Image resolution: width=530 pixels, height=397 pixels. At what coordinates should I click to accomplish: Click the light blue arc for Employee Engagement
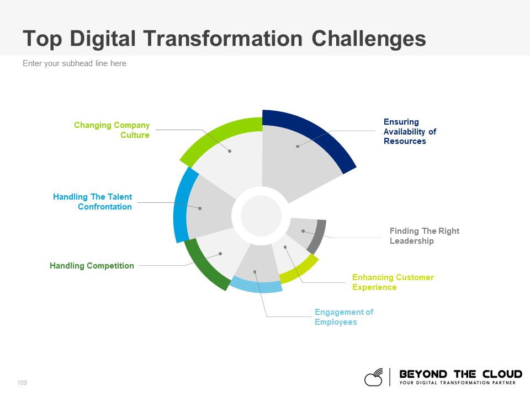pyautogui.click(x=256, y=286)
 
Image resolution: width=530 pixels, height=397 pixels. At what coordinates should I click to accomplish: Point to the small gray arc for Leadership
pyautogui.click(x=317, y=235)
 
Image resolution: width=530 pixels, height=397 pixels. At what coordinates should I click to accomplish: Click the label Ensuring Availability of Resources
pyautogui.click(x=410, y=131)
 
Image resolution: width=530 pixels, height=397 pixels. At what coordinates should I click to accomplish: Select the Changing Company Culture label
pyautogui.click(x=112, y=130)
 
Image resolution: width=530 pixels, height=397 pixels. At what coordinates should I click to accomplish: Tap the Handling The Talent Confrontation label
pyautogui.click(x=93, y=202)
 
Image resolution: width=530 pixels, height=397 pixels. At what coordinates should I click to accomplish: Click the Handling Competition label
pyautogui.click(x=92, y=266)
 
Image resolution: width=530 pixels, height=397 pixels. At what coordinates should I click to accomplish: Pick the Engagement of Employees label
pyautogui.click(x=343, y=317)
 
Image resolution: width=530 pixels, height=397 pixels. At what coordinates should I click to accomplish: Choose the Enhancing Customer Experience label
pyautogui.click(x=393, y=282)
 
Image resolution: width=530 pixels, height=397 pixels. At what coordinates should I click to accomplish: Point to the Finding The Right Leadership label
pyautogui.click(x=424, y=236)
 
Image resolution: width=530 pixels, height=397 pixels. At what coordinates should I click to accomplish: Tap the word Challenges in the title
pyautogui.click(x=369, y=39)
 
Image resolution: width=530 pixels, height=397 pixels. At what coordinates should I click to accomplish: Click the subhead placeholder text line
pyautogui.click(x=75, y=63)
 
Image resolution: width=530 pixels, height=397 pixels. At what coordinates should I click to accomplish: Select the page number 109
pyautogui.click(x=22, y=383)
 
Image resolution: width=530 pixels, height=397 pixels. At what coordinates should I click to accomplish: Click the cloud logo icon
pyautogui.click(x=374, y=377)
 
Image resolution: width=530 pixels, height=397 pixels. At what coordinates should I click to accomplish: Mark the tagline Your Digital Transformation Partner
pyautogui.click(x=457, y=383)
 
